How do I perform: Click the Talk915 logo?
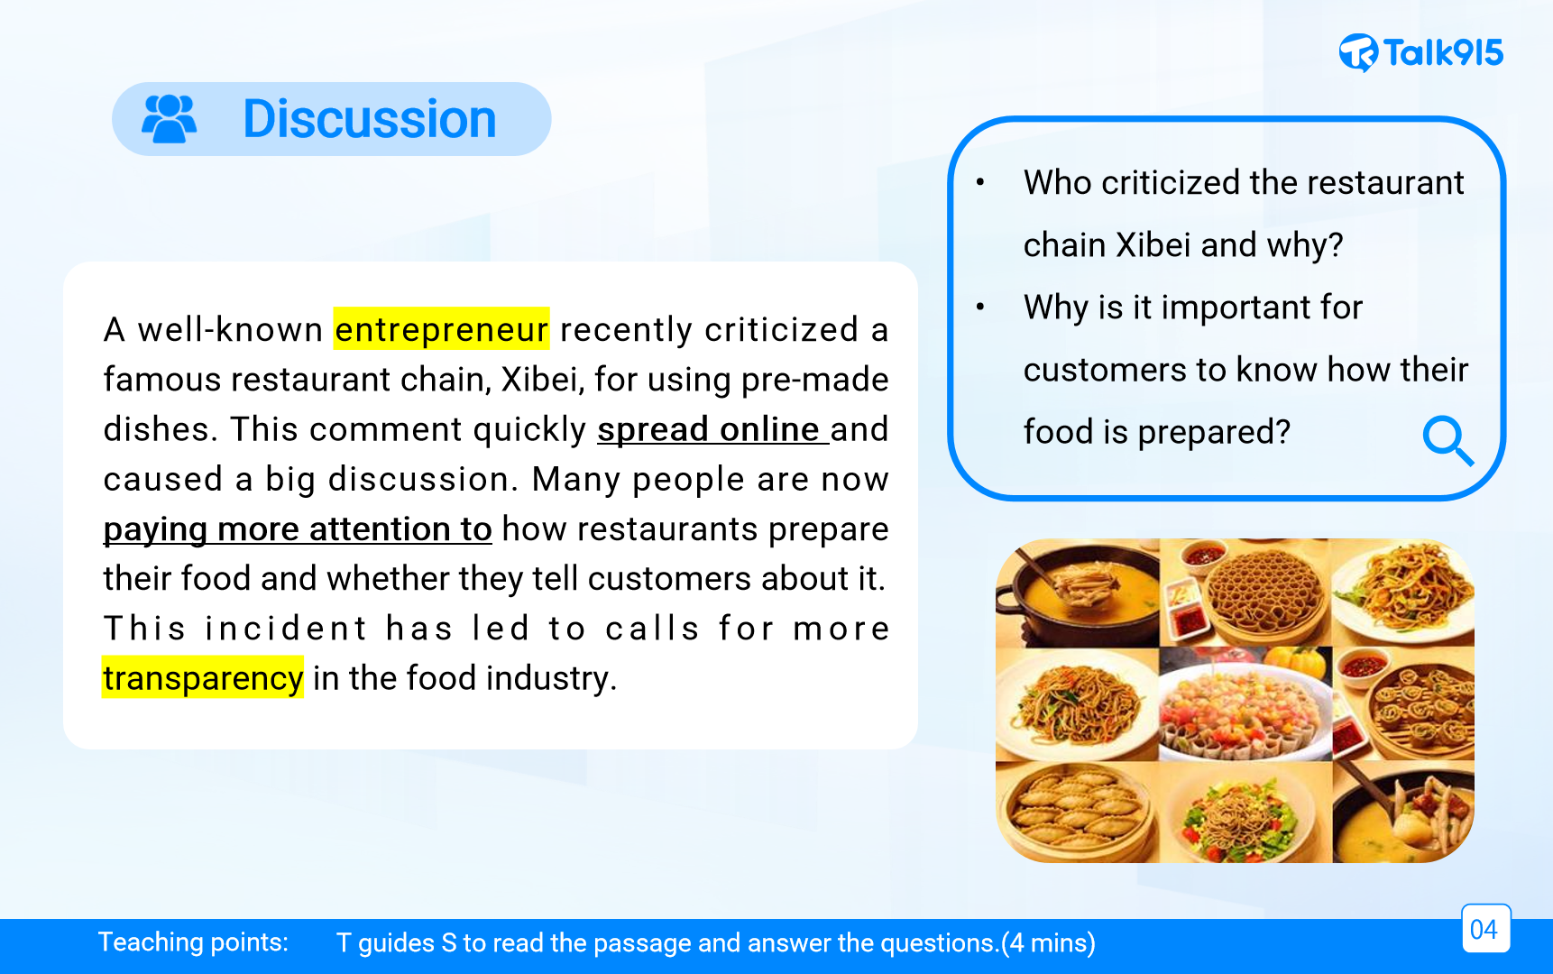tap(1421, 52)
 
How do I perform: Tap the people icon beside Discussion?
tap(170, 119)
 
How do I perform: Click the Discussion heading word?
tap(370, 119)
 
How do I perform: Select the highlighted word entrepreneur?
tap(441, 329)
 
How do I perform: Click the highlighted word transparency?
tap(203, 678)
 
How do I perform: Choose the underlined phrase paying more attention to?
tap(298, 529)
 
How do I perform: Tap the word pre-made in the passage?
tap(814, 380)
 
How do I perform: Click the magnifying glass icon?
tap(1447, 440)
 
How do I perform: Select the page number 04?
tap(1484, 929)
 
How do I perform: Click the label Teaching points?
tap(193, 942)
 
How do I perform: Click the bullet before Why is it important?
tap(980, 308)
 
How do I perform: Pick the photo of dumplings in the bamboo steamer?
tap(1077, 812)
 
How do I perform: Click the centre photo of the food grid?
tap(1245, 703)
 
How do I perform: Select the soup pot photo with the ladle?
tap(1077, 593)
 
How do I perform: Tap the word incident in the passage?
tap(286, 629)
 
